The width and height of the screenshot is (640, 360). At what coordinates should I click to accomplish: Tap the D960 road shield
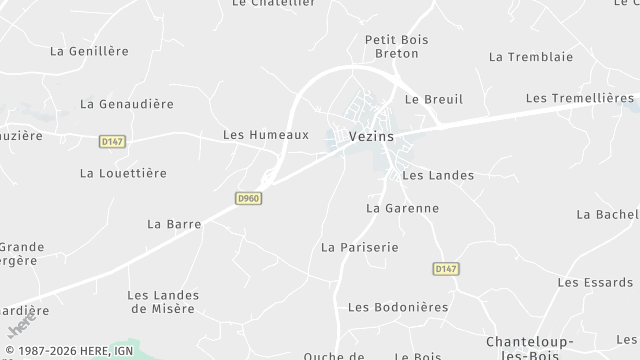tap(249, 199)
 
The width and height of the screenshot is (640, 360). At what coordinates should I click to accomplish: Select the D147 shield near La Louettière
tap(111, 143)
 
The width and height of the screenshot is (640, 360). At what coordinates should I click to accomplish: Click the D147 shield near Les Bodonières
tap(445, 269)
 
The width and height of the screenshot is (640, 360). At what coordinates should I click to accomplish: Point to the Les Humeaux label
tap(265, 134)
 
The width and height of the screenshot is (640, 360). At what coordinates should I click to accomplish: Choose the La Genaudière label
tap(127, 104)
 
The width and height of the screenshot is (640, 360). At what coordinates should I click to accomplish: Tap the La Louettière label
tap(123, 173)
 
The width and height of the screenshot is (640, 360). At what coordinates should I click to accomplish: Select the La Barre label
tap(174, 223)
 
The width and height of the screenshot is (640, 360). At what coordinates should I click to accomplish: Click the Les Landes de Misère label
tap(163, 301)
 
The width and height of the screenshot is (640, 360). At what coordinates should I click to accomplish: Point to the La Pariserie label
tap(360, 246)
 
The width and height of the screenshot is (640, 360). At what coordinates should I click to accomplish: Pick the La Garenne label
tap(403, 208)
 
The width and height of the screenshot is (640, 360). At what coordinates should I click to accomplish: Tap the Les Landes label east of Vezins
tap(437, 175)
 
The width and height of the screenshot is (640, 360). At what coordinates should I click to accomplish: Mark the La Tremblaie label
tap(530, 57)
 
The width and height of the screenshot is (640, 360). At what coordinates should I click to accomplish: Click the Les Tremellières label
tap(578, 98)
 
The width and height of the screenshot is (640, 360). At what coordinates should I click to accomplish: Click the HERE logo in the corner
tap(17, 327)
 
